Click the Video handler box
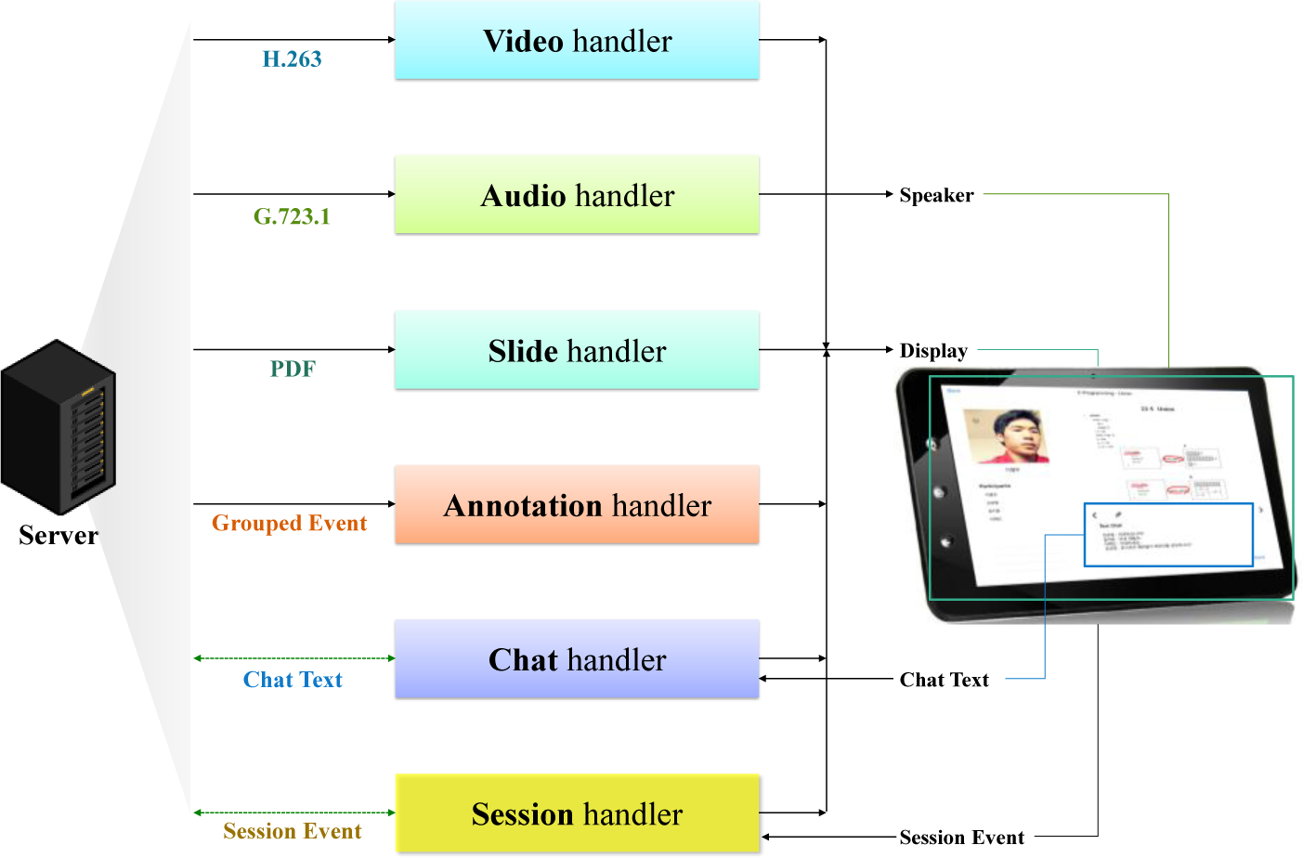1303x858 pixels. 577,41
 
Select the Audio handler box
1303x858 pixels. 577,195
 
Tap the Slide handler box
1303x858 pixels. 577,350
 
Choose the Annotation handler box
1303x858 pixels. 577,505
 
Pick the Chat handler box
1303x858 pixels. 577,659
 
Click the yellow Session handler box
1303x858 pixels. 577,813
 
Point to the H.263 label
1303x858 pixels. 292,59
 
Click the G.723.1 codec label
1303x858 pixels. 292,216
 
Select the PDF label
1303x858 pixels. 293,369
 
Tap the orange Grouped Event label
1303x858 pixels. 289,523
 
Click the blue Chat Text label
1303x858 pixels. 293,680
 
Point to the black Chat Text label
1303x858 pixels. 944,680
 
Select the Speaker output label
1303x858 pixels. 936,195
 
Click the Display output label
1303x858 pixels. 933,350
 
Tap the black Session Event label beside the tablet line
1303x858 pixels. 961,838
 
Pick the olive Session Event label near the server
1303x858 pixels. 292,831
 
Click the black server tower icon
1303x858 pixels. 59,427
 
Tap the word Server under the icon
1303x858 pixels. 59,535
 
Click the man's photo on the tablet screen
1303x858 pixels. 1007,436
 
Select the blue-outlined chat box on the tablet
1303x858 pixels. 1168,535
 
